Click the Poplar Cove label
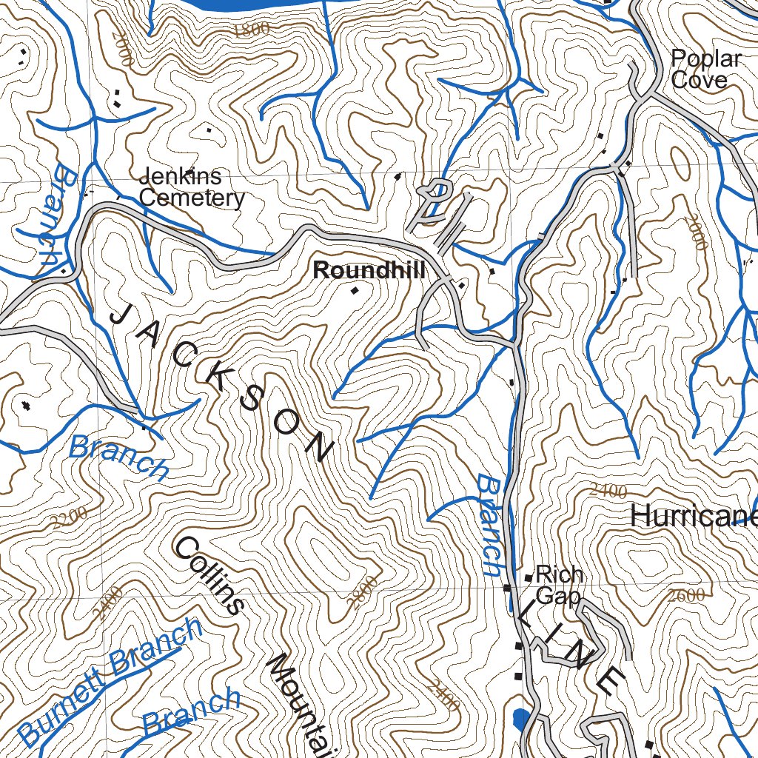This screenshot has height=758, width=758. click(705, 70)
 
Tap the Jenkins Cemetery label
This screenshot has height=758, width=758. click(191, 187)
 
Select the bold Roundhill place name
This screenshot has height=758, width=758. click(369, 271)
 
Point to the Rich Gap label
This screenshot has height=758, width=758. click(559, 585)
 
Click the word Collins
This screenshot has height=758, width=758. click(209, 574)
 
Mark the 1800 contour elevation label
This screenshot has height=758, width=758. click(250, 30)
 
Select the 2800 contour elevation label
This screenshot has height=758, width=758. click(363, 592)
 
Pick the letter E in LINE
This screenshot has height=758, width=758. click(611, 680)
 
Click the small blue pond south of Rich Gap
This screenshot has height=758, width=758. click(520, 717)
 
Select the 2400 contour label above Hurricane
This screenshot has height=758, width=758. click(609, 491)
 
